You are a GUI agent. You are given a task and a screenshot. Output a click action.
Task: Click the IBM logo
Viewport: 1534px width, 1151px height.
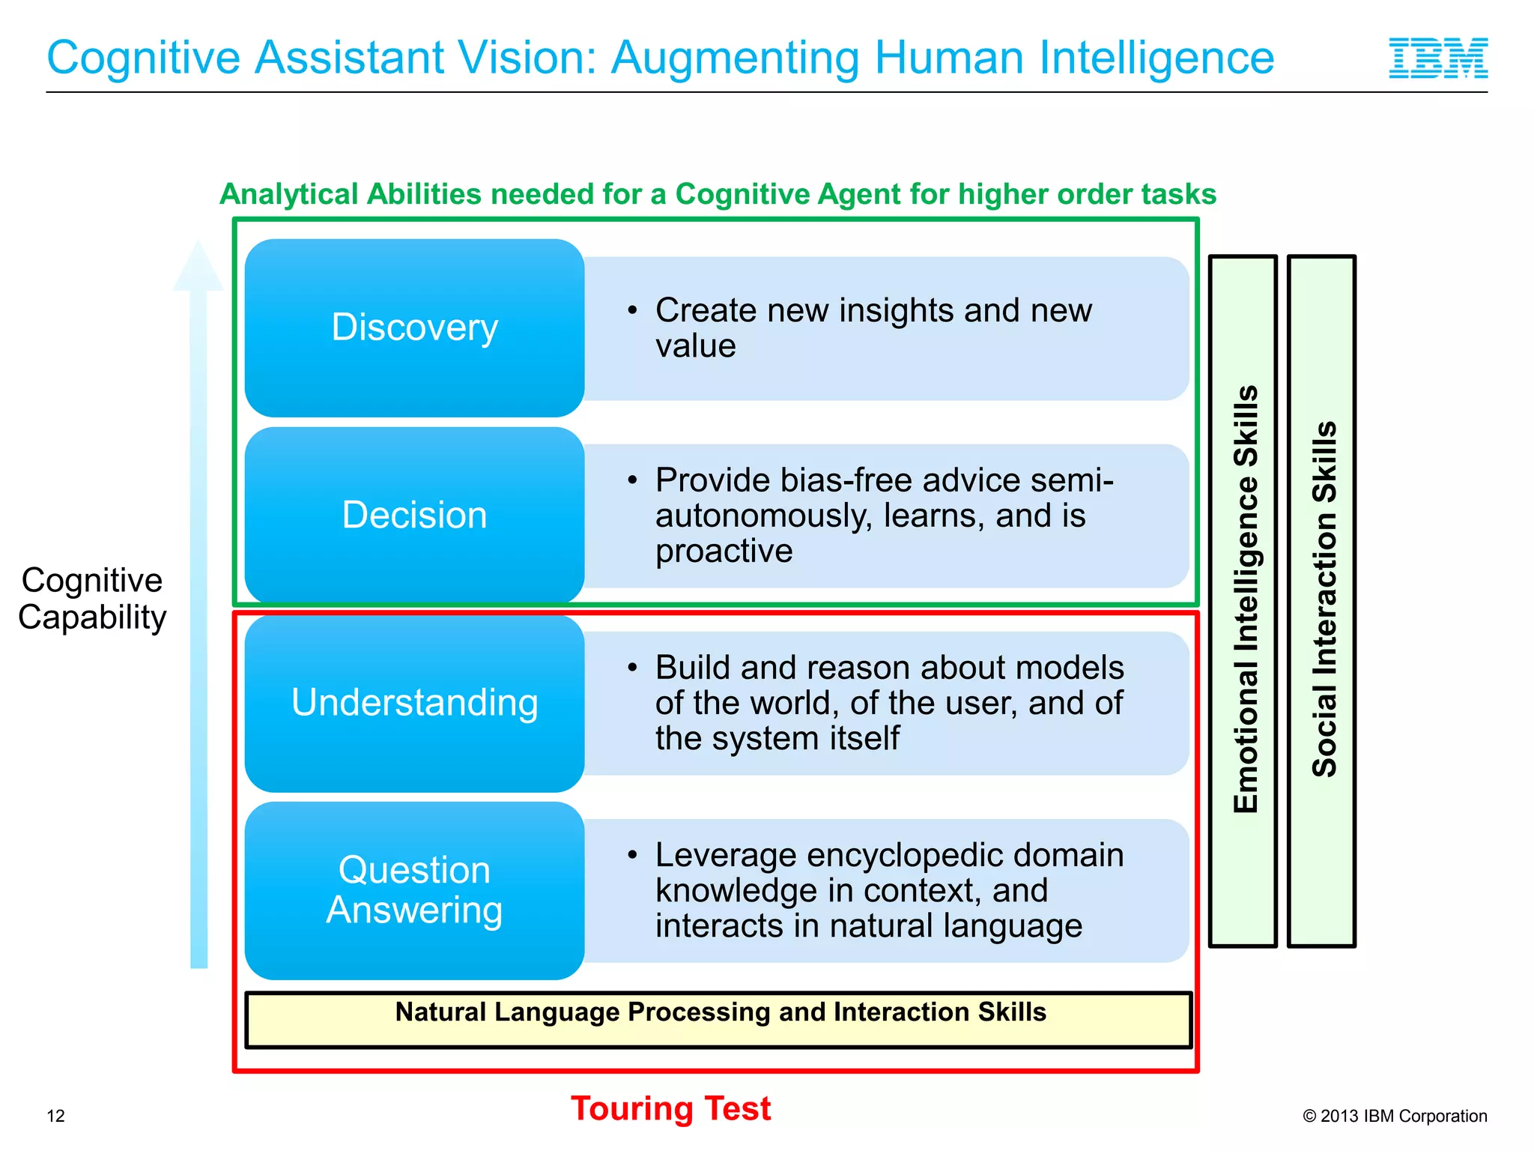[1438, 58]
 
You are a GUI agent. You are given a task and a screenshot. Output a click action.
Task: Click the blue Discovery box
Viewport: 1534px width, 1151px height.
[414, 327]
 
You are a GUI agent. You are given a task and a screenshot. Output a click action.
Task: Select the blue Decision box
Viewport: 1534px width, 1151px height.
[414, 515]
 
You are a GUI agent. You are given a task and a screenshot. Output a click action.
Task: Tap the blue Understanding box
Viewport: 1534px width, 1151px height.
[414, 703]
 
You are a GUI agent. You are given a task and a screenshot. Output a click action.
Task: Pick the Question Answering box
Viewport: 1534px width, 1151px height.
[414, 890]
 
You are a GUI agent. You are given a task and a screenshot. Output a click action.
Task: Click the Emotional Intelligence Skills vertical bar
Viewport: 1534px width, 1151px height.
[1243, 600]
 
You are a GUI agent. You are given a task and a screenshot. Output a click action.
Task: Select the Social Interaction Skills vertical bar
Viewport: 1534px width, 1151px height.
[1322, 600]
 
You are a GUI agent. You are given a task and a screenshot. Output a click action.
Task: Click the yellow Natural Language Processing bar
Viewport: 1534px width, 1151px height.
[719, 1019]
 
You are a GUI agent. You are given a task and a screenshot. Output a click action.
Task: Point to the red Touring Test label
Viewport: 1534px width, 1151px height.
[670, 1108]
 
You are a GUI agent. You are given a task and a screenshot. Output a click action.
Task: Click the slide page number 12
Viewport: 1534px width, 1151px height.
[55, 1116]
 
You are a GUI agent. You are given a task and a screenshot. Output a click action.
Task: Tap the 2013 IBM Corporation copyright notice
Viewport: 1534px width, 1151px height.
[1395, 1116]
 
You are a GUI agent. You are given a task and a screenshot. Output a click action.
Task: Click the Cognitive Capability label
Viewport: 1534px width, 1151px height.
[91, 599]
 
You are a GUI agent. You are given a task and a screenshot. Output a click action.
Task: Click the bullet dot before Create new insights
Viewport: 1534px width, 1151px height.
[633, 309]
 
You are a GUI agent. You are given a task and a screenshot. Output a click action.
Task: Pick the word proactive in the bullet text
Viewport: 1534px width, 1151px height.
[724, 551]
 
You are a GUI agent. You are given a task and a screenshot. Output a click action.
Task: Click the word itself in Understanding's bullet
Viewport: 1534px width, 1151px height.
[861, 738]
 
